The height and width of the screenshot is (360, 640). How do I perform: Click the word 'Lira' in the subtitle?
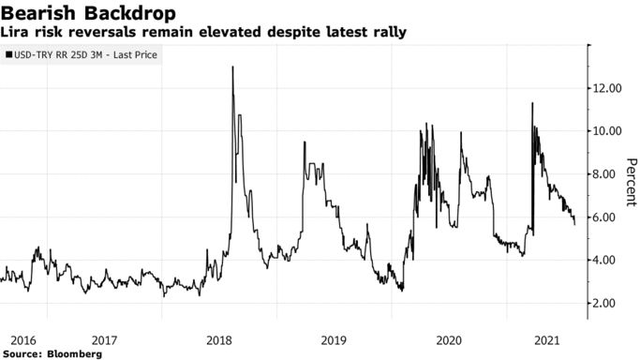point(17,33)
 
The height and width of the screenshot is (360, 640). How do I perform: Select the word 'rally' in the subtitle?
point(388,33)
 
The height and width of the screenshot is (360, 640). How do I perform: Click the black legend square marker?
point(8,56)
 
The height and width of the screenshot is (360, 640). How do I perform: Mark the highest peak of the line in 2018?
point(232,67)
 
